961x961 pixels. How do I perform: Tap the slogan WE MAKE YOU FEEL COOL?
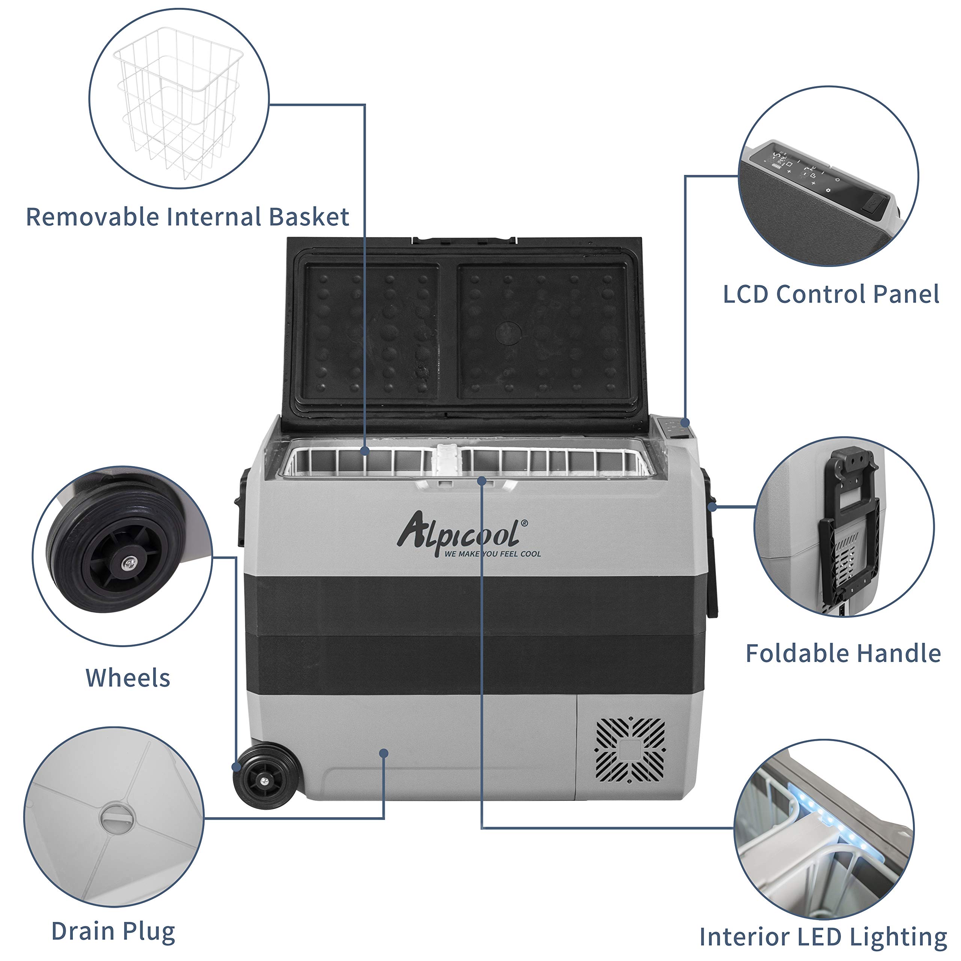493,554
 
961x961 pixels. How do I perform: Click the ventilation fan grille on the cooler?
630,750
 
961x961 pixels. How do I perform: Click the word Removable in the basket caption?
92,217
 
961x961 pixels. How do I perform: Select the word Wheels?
128,678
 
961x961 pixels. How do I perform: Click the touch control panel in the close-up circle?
816,179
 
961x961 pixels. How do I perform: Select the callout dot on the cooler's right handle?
712,507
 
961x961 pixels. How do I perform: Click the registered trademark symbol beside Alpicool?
524,523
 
